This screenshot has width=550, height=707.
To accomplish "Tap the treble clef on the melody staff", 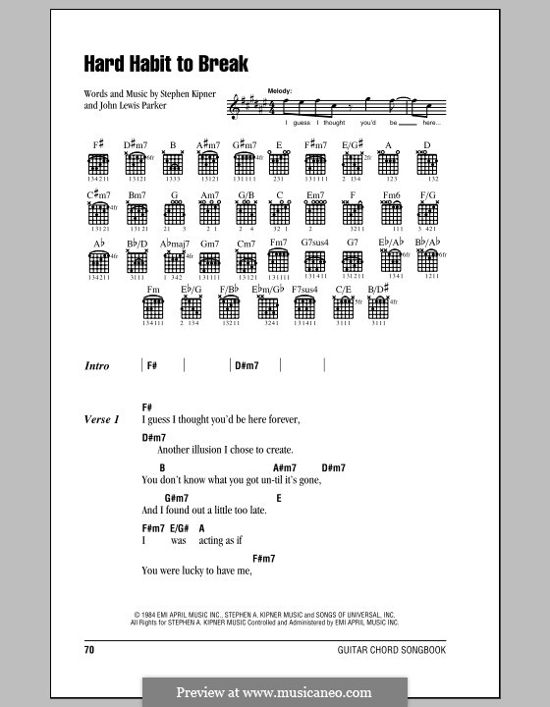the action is (x=234, y=110).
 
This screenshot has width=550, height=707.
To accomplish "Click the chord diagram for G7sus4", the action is (x=315, y=260).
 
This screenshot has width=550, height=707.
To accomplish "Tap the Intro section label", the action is (x=97, y=366).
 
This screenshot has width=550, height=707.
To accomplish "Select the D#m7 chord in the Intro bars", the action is (x=245, y=365).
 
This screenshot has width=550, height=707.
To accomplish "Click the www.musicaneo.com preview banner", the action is (x=274, y=691).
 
